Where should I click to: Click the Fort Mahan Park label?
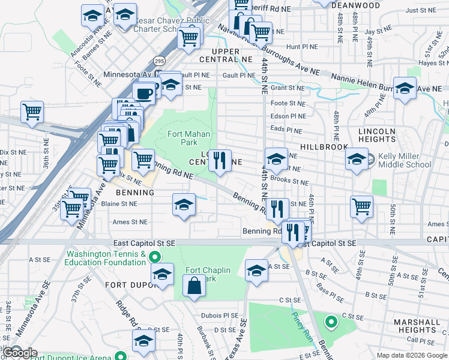[182, 138]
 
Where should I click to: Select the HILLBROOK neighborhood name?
[324, 147]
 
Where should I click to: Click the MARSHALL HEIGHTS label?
[415, 326]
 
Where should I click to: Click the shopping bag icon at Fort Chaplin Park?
[194, 285]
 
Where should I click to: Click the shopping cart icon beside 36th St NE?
[32, 112]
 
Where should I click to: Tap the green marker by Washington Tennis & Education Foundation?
[155, 257]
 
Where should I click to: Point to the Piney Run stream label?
[300, 324]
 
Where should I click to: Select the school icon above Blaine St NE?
[184, 205]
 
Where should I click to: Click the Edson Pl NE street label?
[288, 116]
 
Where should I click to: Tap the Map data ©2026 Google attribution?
[412, 355]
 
